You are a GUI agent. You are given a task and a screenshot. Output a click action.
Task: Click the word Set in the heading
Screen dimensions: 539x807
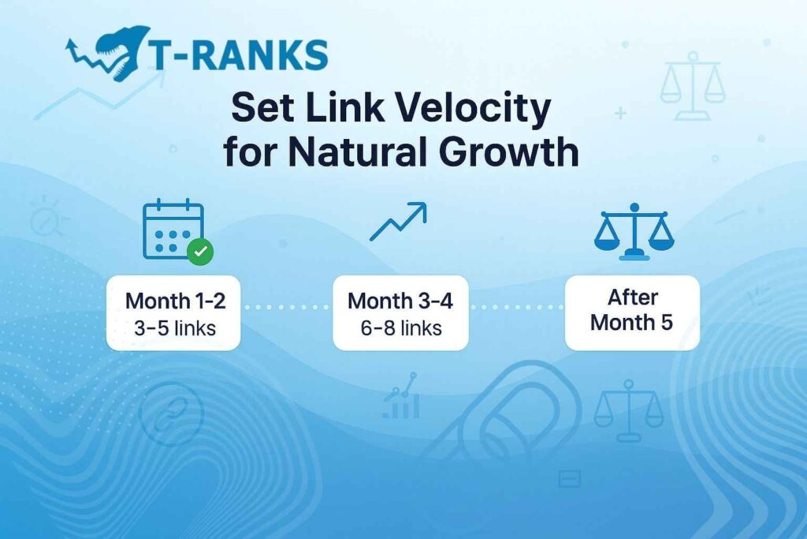point(260,109)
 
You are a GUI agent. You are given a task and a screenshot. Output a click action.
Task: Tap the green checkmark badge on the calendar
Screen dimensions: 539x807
point(200,252)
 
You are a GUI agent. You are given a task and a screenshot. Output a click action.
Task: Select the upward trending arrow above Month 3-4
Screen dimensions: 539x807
point(399,222)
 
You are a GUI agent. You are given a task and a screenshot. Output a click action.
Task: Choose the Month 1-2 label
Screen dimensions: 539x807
point(173,301)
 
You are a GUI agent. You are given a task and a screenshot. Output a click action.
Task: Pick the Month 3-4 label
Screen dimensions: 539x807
point(400,301)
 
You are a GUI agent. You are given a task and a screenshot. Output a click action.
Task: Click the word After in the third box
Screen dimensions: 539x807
point(632,298)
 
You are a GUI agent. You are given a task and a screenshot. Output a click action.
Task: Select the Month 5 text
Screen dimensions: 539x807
point(632,323)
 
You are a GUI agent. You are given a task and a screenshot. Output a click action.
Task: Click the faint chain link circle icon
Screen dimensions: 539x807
point(171,414)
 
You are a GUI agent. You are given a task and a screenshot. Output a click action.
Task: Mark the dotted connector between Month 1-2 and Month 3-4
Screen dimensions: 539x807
point(286,307)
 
